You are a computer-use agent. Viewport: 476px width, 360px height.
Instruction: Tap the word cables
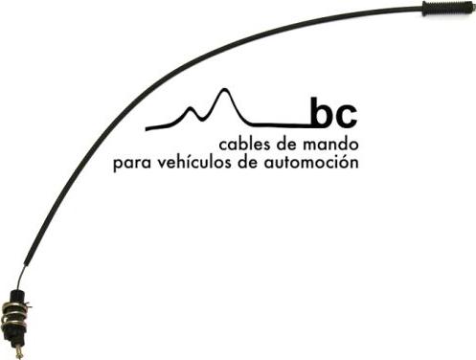pos(245,146)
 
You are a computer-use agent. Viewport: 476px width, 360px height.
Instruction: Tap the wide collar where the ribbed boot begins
pos(425,10)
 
